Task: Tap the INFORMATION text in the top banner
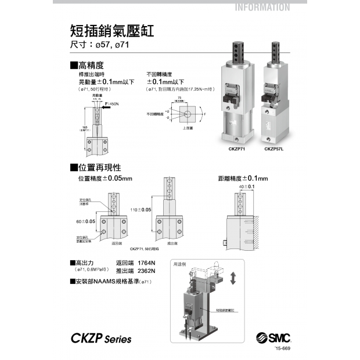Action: point(262,8)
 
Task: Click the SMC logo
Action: point(273,338)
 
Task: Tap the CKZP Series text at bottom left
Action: point(101,339)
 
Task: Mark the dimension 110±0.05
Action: point(141,209)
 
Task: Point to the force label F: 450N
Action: point(109,103)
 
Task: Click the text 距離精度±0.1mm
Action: point(239,178)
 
